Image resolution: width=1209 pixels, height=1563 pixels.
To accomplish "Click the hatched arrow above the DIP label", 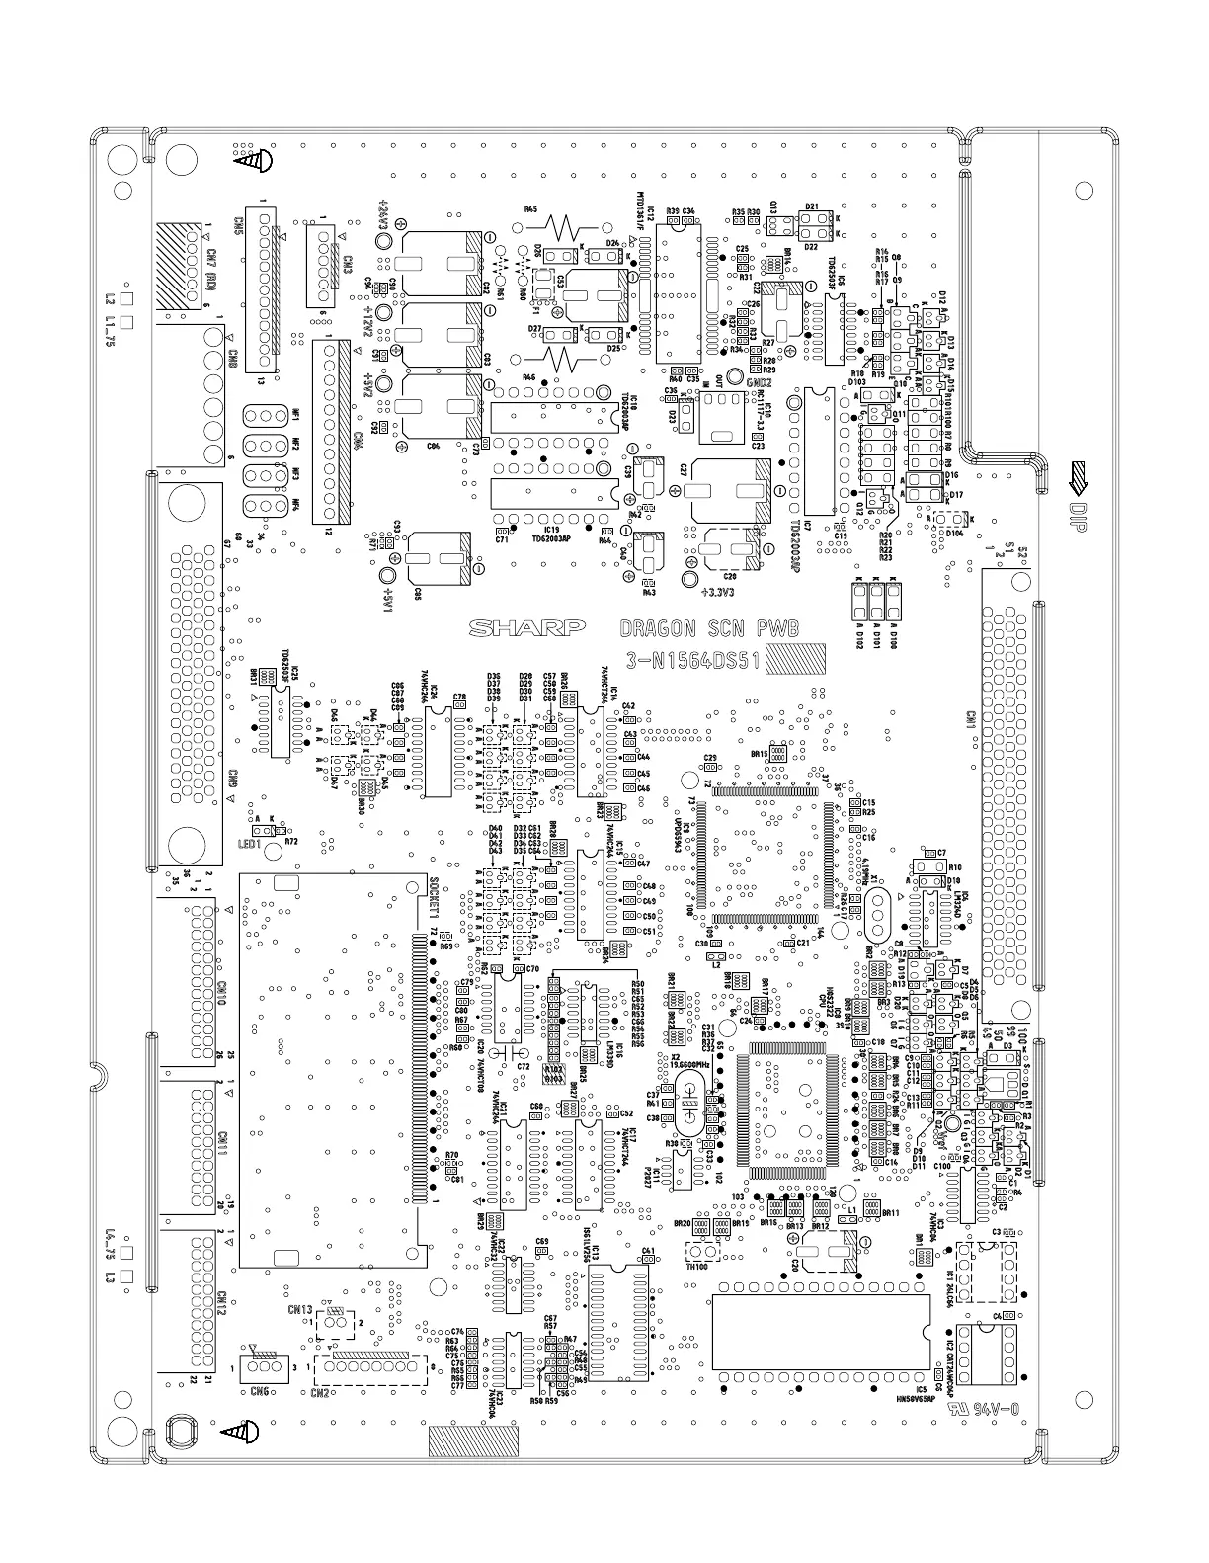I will (1078, 478).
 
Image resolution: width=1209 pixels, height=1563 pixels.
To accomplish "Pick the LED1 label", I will (248, 845).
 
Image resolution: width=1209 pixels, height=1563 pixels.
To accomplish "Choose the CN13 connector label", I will (300, 1310).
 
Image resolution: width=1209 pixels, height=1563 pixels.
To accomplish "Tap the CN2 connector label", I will (320, 1393).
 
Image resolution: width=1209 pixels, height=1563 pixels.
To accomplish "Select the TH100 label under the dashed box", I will (696, 1267).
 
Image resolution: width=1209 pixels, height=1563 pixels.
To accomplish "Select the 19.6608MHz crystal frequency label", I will (689, 1066).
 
